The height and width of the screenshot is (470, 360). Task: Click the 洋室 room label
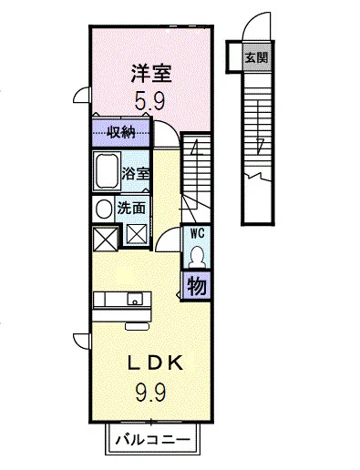[151, 74]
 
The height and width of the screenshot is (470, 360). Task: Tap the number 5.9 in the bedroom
[149, 101]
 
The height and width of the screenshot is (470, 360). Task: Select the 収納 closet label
[122, 133]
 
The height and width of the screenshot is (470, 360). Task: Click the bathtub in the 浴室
[106, 171]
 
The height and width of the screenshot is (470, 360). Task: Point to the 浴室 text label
[136, 174]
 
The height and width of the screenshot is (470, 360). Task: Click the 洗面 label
[131, 209]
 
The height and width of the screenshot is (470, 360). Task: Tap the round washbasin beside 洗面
[104, 209]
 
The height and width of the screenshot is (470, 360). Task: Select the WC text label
[197, 233]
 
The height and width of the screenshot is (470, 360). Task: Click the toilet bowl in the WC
[197, 257]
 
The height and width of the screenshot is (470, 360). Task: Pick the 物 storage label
[197, 286]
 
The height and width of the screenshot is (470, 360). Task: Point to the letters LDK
[155, 363]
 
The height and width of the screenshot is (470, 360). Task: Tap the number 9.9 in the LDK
[150, 392]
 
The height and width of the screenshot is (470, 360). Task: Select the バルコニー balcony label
[152, 439]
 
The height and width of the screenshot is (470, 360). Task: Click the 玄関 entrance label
[257, 57]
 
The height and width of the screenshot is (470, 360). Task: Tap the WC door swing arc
[163, 234]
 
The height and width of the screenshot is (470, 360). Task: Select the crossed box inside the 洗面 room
[137, 234]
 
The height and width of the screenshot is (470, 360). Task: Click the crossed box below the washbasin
[105, 239]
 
